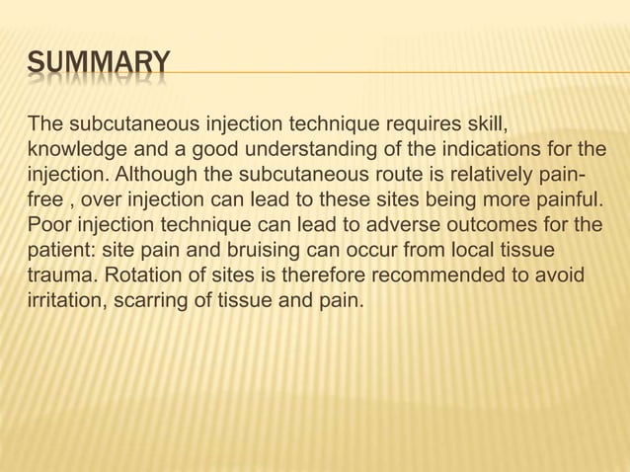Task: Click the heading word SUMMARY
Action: pos(99,68)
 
